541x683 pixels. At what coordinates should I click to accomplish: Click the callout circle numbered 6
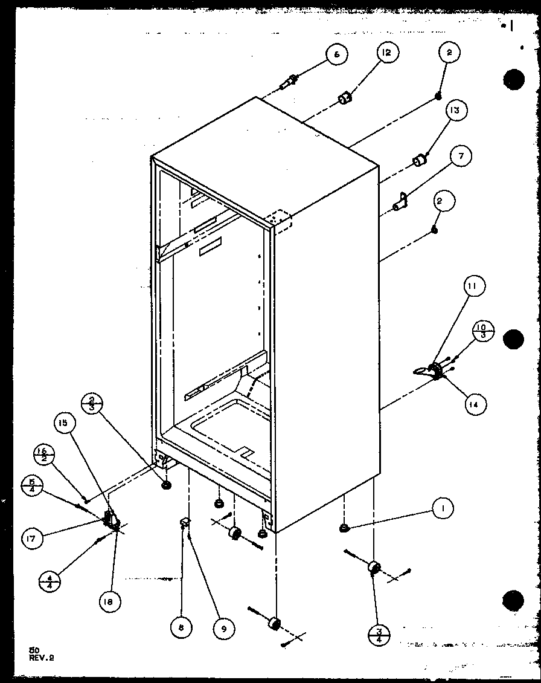click(336, 54)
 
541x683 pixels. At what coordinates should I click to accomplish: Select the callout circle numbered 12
click(386, 53)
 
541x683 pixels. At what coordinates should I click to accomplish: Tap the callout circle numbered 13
click(453, 110)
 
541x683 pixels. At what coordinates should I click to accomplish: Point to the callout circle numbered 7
click(460, 157)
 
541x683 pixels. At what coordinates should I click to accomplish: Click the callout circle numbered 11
click(474, 285)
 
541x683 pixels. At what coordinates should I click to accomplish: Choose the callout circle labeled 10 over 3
click(483, 331)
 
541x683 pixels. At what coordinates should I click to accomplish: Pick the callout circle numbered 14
click(474, 403)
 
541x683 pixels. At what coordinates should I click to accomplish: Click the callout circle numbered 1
click(443, 510)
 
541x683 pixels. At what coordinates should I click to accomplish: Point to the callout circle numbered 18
click(111, 601)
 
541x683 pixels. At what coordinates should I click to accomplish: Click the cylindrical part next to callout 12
click(345, 98)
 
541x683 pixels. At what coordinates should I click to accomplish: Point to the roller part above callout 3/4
click(373, 568)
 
